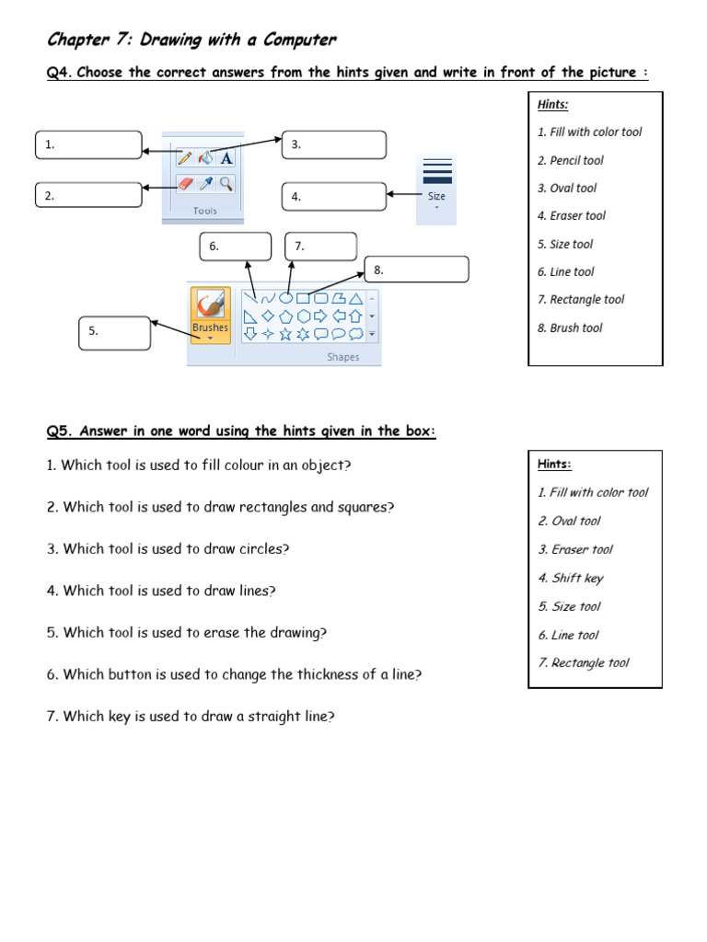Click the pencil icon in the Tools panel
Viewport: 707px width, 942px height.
[185, 158]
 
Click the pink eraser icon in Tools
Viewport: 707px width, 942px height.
[185, 184]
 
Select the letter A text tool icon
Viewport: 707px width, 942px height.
[226, 158]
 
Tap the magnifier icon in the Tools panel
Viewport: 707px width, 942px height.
[226, 184]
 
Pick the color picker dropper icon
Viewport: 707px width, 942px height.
[206, 184]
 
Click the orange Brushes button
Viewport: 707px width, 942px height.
[210, 314]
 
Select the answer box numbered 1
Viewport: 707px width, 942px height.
[89, 144]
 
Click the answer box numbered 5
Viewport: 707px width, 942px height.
[115, 332]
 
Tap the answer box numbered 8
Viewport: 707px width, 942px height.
[417, 270]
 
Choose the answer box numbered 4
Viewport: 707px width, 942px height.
[334, 196]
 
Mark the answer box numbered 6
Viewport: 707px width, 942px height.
[236, 247]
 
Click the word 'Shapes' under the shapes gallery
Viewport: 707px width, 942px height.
[342, 357]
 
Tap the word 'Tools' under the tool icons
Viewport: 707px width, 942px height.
[205, 211]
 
